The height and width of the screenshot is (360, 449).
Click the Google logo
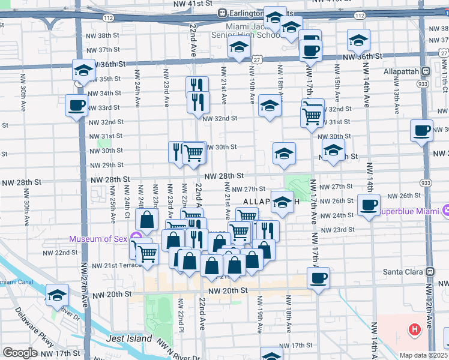[x=20, y=353]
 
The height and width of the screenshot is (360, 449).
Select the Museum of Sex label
[x=98, y=239]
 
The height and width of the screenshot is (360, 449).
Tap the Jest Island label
[x=129, y=338]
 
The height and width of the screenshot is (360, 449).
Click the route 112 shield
[x=108, y=19]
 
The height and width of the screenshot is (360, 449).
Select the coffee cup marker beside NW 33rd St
[x=76, y=106]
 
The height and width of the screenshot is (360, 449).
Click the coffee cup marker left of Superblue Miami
[x=368, y=205]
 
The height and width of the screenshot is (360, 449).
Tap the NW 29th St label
[x=106, y=165]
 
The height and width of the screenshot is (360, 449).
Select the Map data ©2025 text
[x=424, y=355]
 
